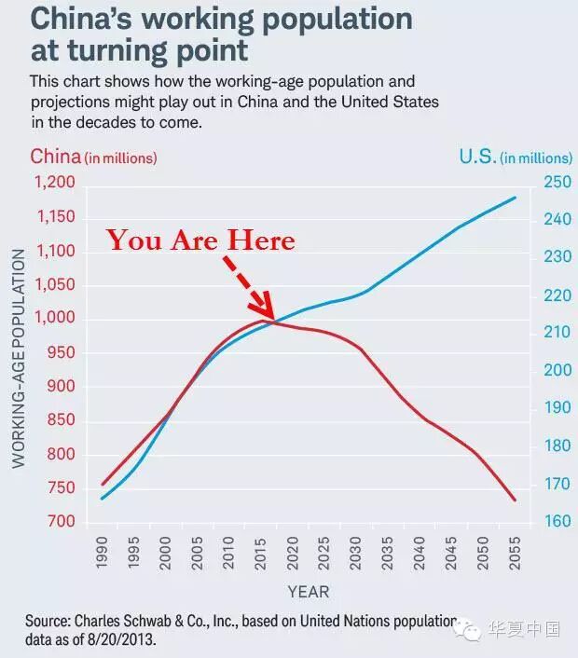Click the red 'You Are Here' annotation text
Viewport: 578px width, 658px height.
(x=200, y=240)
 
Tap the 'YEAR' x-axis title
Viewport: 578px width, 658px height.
(x=308, y=591)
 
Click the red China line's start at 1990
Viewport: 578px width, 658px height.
(x=103, y=485)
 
